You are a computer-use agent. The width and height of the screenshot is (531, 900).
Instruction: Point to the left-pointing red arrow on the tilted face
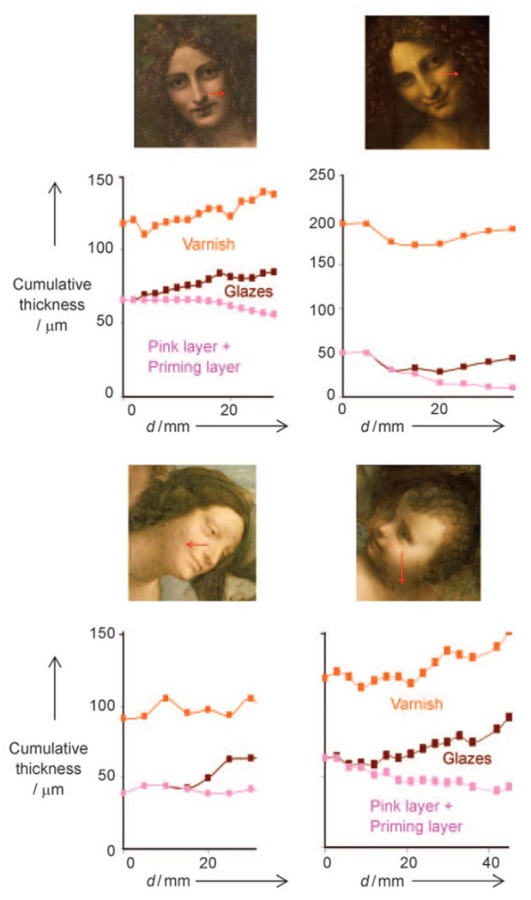[198, 544]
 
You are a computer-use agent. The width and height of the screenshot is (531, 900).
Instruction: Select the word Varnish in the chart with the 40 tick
[416, 705]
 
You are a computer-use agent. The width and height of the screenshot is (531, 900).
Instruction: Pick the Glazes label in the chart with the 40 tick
[467, 759]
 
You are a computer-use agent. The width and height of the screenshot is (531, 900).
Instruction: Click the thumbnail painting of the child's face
[418, 531]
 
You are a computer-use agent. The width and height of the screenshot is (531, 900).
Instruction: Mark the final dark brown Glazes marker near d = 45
[509, 717]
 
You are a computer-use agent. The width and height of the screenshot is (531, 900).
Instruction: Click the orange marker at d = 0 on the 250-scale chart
[343, 224]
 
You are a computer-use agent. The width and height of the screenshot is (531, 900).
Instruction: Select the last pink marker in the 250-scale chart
[513, 387]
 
